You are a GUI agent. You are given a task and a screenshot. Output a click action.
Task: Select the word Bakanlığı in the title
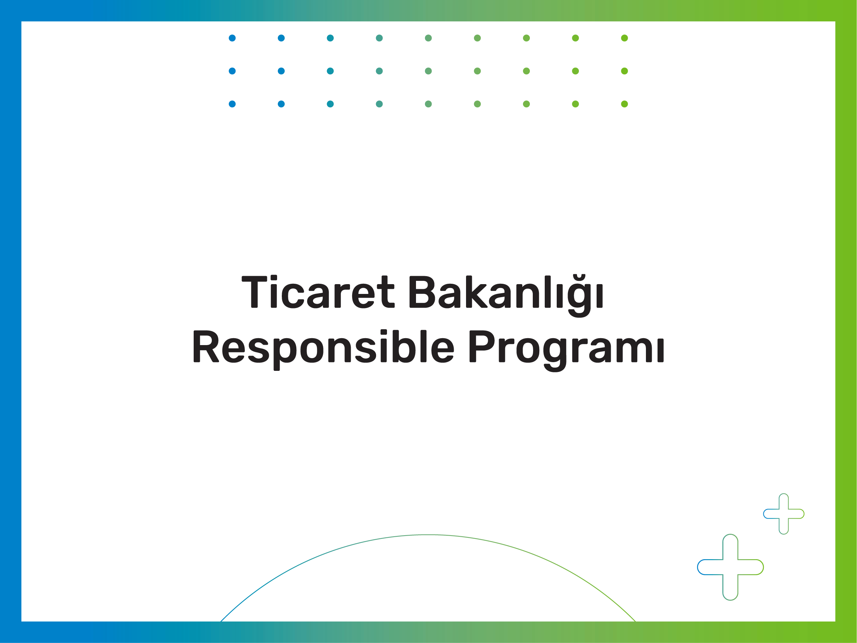tap(506, 296)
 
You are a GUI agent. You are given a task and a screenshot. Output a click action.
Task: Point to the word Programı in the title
tap(567, 351)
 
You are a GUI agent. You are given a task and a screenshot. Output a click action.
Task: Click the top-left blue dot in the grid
tap(232, 38)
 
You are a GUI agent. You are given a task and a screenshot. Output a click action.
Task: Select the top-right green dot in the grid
tap(625, 38)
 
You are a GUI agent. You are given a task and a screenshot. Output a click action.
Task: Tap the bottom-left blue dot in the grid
tap(232, 104)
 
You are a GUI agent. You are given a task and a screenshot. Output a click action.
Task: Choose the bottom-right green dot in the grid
tap(625, 104)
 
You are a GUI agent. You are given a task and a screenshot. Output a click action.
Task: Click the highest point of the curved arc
tap(428, 535)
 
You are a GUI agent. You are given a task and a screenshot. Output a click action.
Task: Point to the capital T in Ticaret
tap(254, 292)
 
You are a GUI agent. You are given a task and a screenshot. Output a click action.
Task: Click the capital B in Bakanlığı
tap(421, 292)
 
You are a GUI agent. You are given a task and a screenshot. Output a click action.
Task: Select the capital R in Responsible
tap(206, 346)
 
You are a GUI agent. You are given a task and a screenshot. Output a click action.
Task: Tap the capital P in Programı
tap(481, 346)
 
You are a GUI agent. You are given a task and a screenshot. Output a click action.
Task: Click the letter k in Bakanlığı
tap(476, 291)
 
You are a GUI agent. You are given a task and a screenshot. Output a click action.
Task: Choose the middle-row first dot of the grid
tap(232, 71)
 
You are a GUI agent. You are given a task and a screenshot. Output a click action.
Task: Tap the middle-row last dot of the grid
tap(625, 71)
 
